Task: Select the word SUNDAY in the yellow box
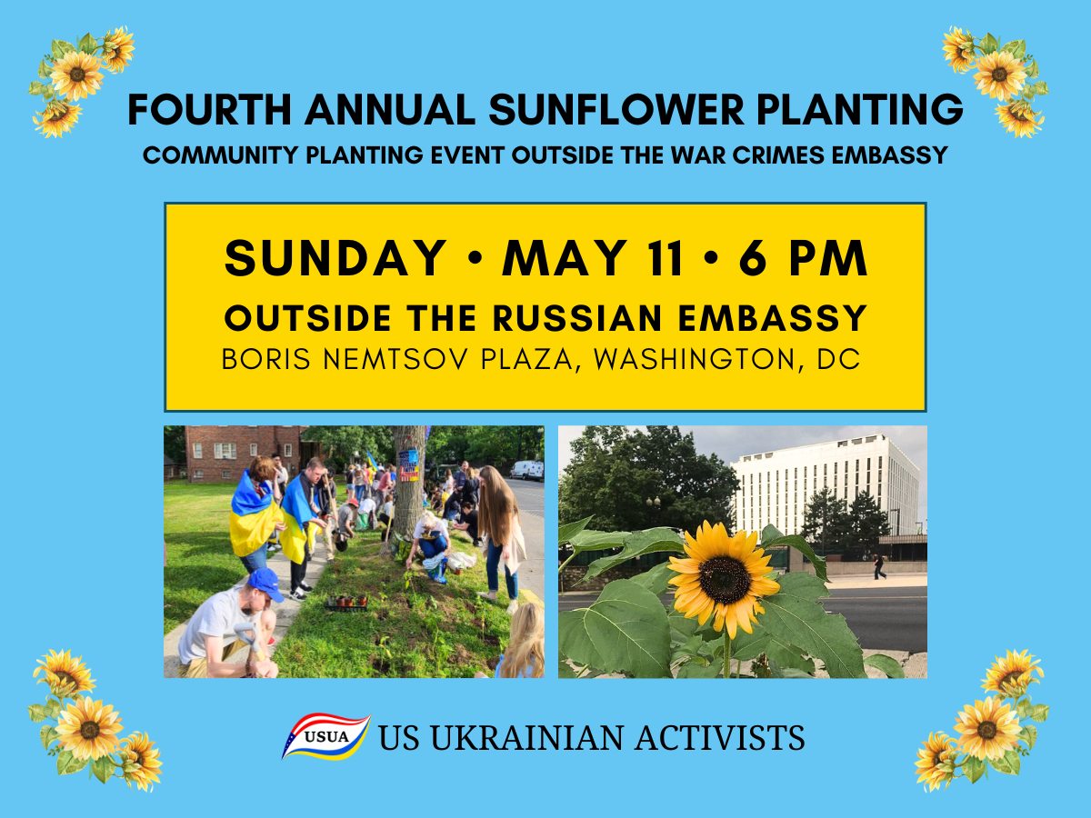(x=335, y=259)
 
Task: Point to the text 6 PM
(x=803, y=259)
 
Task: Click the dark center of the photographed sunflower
(x=725, y=579)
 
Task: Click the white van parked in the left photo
(x=525, y=469)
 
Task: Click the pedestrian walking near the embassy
(x=879, y=566)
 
